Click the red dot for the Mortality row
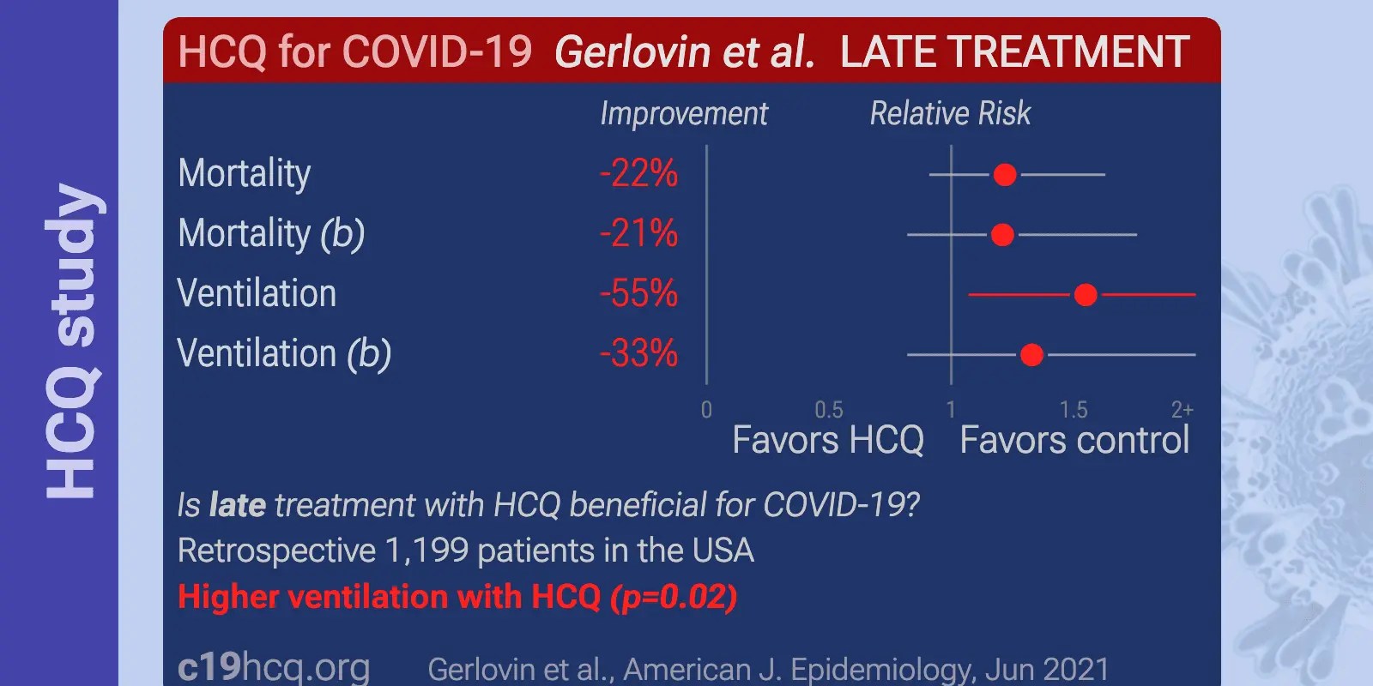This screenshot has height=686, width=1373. pos(1005,175)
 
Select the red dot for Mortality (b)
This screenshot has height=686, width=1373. pos(1002,234)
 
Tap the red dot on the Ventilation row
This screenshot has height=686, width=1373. pos(1086,295)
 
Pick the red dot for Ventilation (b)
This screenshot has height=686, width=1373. pos(1031,354)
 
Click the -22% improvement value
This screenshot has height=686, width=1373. pos(638,174)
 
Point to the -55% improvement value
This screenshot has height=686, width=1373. pos(638,294)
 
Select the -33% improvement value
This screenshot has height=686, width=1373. pos(638,354)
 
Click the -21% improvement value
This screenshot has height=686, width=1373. pos(638,234)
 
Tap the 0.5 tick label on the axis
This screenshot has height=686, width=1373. pos(829,410)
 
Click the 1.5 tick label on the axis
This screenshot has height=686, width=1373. pos(1073,410)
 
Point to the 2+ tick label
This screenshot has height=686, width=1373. pos(1182,410)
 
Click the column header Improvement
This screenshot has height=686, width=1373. pos(683,114)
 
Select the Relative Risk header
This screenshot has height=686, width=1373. pos(950,114)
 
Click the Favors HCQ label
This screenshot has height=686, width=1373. pos(827,441)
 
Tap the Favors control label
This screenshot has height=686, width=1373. pos(1074,441)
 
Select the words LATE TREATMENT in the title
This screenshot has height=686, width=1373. pos(1014,53)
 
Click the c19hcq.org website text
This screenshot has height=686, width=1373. pos(274,667)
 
